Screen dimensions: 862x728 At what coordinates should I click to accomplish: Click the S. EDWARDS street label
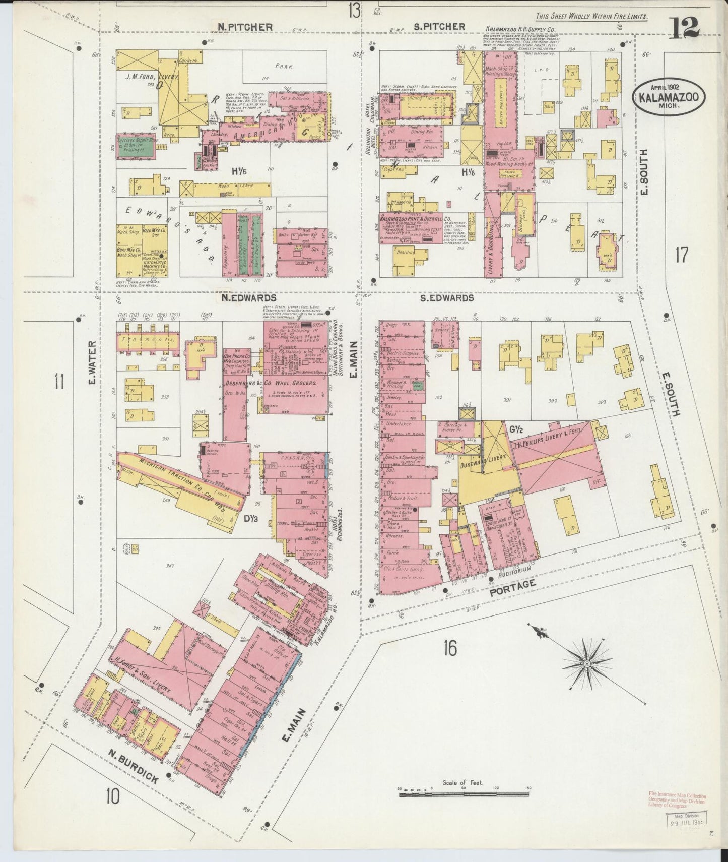(x=447, y=298)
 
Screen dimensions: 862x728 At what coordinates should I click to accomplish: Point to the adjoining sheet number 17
(x=681, y=255)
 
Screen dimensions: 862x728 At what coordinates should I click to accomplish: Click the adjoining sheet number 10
(x=113, y=797)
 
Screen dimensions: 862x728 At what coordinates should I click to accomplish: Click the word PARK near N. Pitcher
(x=284, y=66)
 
